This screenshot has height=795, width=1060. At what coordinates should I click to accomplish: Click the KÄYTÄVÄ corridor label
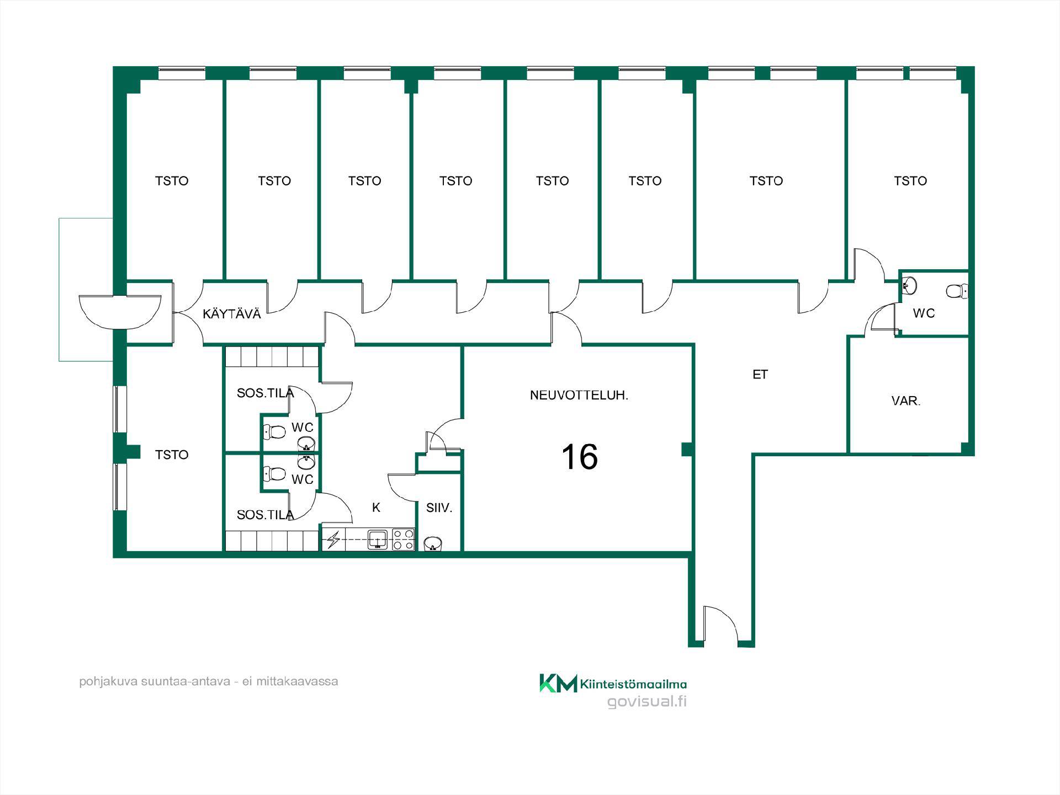(x=232, y=314)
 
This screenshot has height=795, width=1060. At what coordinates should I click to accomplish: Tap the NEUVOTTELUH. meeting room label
(x=579, y=395)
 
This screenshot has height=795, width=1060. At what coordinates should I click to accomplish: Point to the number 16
(x=580, y=457)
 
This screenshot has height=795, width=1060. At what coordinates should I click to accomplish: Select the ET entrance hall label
(x=760, y=375)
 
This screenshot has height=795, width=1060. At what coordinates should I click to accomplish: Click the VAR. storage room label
(x=906, y=401)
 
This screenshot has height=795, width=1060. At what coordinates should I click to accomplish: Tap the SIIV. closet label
(x=439, y=508)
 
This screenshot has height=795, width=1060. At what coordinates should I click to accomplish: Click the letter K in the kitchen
(x=376, y=508)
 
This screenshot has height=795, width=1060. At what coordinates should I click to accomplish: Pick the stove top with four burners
(x=404, y=540)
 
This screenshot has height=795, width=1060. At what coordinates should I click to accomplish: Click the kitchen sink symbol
(x=378, y=539)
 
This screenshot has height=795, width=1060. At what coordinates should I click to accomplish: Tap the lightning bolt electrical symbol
(x=333, y=540)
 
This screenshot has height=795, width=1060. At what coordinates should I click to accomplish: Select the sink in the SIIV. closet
(x=433, y=544)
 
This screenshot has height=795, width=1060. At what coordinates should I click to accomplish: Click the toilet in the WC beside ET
(x=957, y=291)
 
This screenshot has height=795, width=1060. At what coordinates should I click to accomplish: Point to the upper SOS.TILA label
(x=265, y=393)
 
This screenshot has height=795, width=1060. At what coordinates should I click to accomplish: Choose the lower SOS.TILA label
(x=265, y=515)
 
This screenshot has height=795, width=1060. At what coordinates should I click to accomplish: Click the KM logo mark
(x=558, y=683)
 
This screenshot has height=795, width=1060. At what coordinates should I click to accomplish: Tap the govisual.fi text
(x=647, y=702)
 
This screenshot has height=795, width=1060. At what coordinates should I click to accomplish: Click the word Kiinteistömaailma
(x=633, y=685)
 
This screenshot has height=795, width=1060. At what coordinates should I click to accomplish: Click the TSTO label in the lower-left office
(x=172, y=455)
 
